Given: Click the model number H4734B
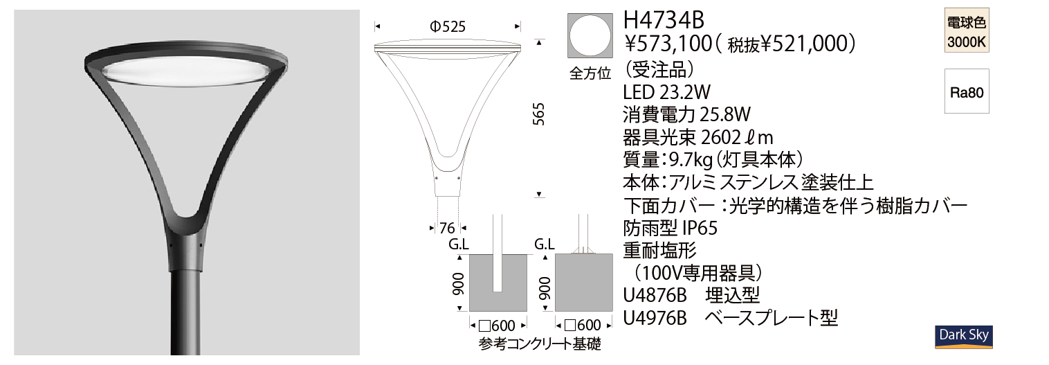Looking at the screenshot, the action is (664, 20).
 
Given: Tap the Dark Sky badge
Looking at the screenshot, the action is (964, 337).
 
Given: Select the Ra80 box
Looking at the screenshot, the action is (967, 91).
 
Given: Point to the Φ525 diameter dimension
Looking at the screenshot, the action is (448, 27).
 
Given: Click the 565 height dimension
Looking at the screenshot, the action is (539, 114).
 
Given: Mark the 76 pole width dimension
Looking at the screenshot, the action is (447, 228).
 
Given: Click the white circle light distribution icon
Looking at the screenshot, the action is (590, 36).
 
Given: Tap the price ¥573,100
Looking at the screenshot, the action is (668, 44).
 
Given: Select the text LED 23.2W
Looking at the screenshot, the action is (666, 92).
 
